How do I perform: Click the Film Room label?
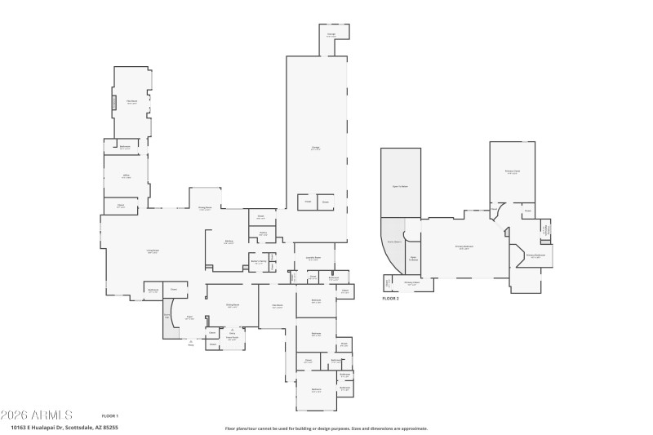131,102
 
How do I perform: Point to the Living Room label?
153,252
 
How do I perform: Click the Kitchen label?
230,242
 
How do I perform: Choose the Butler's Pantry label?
258,262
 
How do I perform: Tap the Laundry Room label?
313,259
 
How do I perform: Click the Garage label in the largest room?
315,148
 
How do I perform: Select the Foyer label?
189,318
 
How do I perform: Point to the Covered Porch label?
232,339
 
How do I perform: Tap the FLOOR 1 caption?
110,416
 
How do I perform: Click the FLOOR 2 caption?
391,299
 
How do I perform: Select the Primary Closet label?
513,172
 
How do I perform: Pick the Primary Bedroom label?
464,247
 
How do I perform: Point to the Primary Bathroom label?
535,256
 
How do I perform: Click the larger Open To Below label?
400,187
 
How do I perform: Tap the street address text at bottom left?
64,427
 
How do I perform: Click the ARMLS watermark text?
37,415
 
